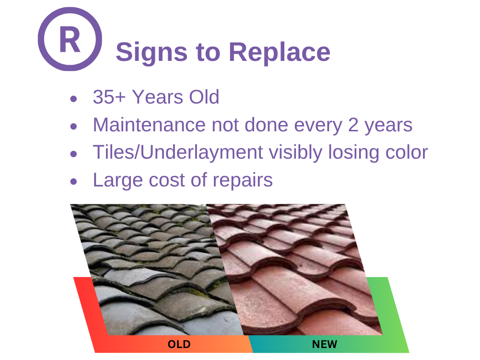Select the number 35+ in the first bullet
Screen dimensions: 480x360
109,97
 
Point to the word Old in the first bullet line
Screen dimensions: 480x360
204,97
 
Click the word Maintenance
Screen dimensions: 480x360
150,125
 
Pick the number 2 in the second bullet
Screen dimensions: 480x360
353,125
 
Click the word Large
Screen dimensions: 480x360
118,180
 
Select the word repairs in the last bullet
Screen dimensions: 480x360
243,181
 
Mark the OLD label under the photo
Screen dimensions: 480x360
179,344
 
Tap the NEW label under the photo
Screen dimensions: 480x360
325,344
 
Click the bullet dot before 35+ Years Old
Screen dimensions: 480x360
73,99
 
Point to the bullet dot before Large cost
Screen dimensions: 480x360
73,182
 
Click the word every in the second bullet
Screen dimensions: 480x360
318,126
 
